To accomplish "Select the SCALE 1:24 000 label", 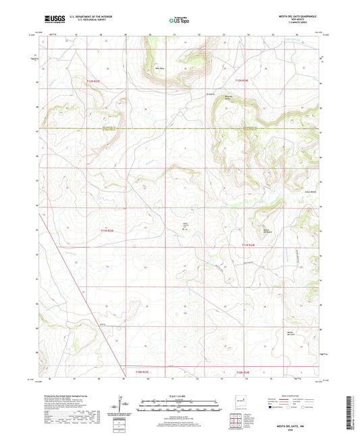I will click(179, 395).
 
